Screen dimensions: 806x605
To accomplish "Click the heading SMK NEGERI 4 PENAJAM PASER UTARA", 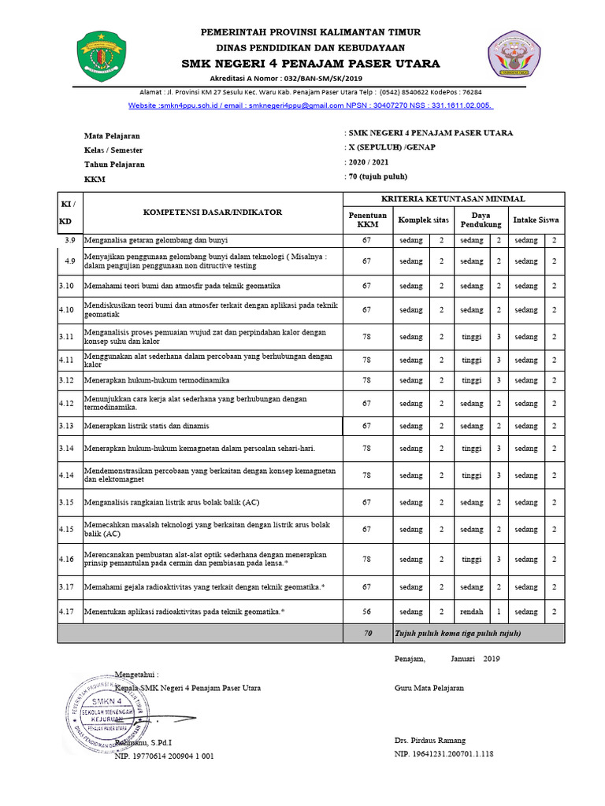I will pos(311,64).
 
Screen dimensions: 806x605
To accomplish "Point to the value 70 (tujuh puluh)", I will pos(378,176).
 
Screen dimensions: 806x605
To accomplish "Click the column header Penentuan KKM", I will pos(367,220).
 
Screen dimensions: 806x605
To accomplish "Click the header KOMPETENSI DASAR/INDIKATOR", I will pos(211,213).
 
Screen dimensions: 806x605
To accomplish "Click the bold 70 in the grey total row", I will pos(367,633).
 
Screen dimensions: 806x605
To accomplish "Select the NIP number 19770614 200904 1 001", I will pos(164,756).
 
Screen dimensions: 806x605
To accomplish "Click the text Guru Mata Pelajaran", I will pos(429,687).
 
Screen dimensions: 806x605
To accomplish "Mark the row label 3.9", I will pos(69,240).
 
